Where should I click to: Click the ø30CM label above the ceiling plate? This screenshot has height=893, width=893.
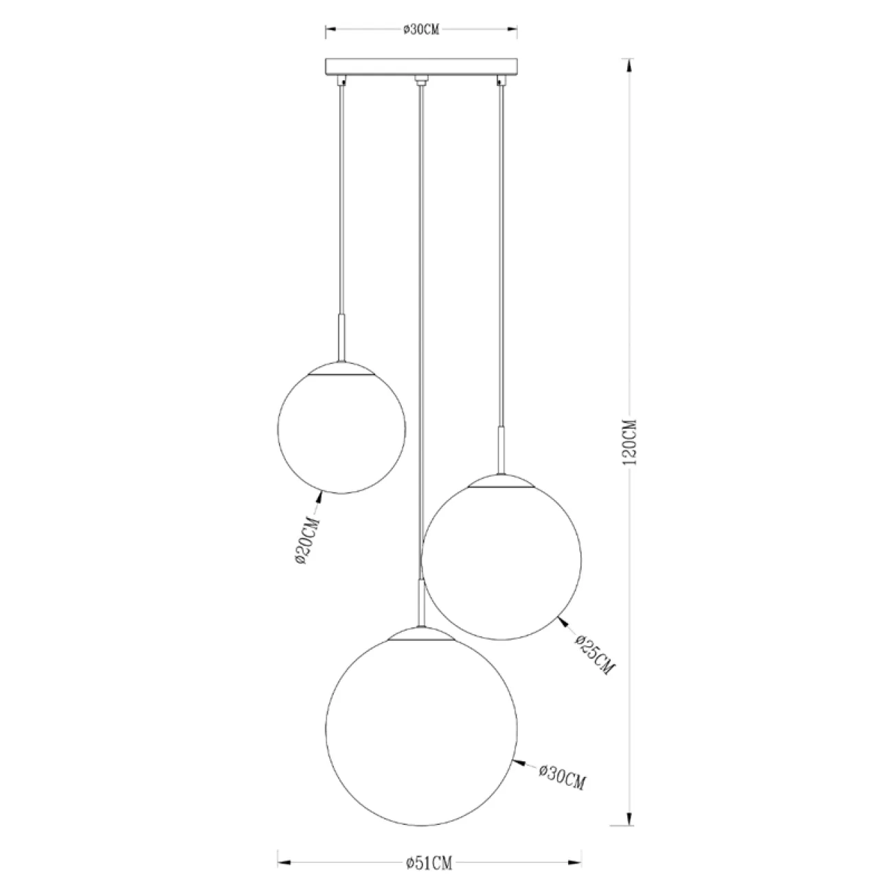tap(420, 29)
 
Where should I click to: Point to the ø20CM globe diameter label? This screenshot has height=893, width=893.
tap(307, 541)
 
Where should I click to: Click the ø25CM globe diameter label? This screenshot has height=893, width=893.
tap(595, 655)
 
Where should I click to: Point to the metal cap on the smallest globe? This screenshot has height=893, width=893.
tap(341, 368)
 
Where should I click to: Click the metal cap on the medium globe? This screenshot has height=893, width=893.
tap(501, 481)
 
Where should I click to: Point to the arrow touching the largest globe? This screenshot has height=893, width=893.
tap(521, 763)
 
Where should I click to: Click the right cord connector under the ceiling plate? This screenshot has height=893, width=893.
tap(501, 81)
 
